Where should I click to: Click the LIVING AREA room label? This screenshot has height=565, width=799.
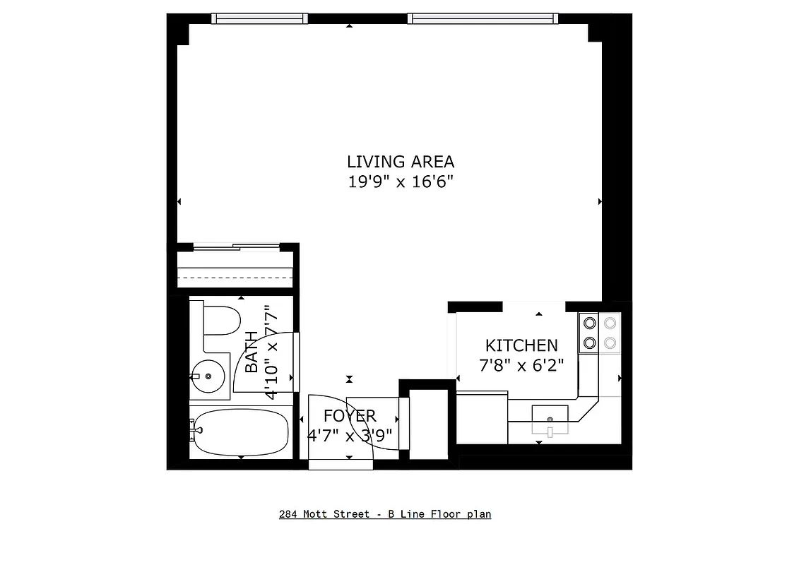pyautogui.click(x=400, y=162)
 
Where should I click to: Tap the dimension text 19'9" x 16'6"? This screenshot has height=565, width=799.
pyautogui.click(x=400, y=182)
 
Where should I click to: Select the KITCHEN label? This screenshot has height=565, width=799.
pyautogui.click(x=521, y=345)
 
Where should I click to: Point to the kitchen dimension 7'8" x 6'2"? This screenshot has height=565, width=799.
pyautogui.click(x=521, y=366)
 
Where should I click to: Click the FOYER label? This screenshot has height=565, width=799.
pyautogui.click(x=350, y=416)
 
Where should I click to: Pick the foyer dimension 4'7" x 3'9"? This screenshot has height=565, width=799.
pyautogui.click(x=350, y=435)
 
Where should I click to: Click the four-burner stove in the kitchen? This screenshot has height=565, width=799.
pyautogui.click(x=599, y=333)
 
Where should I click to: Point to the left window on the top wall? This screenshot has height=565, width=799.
pyautogui.click(x=261, y=19)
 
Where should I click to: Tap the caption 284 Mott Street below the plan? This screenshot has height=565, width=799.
pyautogui.click(x=385, y=514)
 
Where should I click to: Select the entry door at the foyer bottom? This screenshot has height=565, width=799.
pyautogui.click(x=341, y=463)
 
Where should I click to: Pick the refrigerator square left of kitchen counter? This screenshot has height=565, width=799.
pyautogui.click(x=482, y=417)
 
